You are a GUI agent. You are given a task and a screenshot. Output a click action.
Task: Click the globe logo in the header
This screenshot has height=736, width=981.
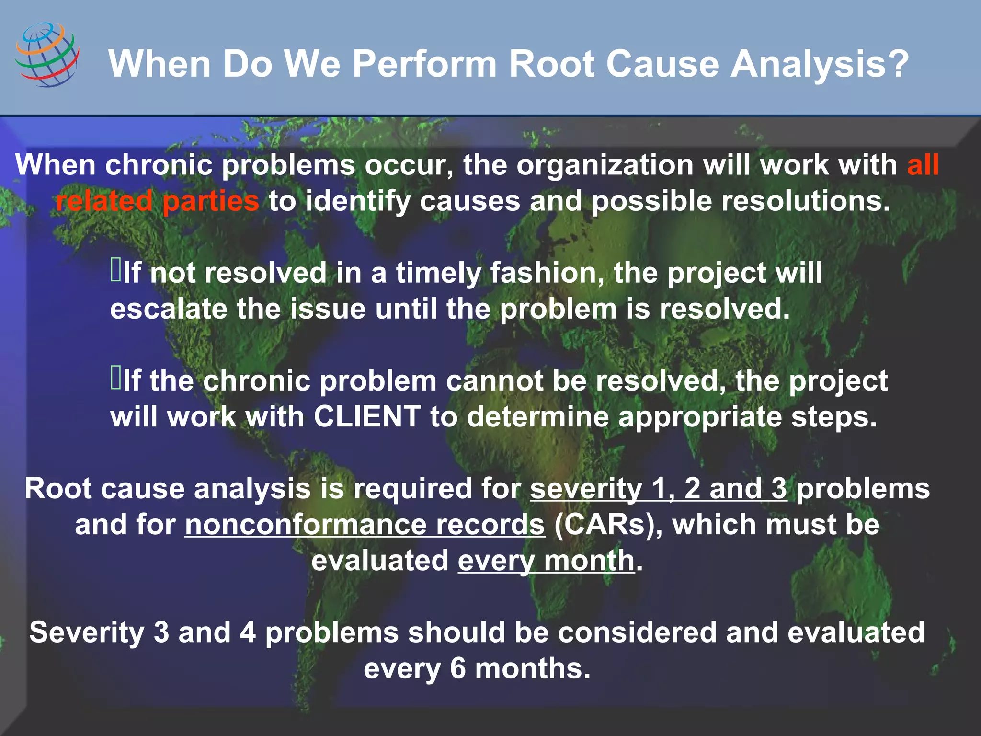coord(47,54)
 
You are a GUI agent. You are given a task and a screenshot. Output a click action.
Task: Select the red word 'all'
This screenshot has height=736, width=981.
coord(923,165)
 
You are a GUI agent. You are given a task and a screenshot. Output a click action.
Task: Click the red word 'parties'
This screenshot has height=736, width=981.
coord(211,201)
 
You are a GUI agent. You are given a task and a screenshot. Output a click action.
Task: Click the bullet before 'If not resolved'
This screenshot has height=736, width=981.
coord(116,270)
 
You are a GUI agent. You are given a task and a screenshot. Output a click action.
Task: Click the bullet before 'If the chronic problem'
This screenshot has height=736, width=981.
coord(116,378)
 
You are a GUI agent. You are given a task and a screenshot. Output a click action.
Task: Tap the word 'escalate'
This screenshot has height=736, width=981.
coord(168,309)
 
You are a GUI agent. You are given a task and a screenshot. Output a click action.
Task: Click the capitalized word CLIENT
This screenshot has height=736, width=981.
coord(367,416)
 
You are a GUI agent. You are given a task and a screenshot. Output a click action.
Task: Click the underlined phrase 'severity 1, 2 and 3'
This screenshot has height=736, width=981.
coord(658,489)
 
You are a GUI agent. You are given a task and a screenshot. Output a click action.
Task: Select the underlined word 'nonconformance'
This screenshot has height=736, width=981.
coord(304,525)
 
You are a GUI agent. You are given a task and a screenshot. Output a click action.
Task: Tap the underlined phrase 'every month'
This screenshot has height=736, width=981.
coord(546,561)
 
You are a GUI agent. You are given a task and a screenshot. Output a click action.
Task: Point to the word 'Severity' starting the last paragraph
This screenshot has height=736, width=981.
coord(87,632)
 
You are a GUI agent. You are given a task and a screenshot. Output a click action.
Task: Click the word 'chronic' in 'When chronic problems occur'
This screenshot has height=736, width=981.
coord(159,165)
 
